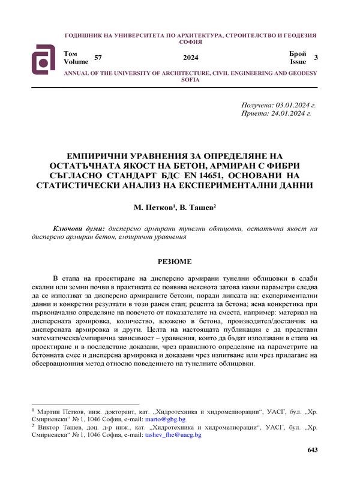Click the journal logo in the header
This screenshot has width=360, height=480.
tap(44, 58)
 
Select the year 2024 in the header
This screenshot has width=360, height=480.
tap(190, 58)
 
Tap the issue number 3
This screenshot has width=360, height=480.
tap(316, 58)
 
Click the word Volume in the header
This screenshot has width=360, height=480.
tap(75, 62)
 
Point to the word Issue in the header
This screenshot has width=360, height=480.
tap(298, 62)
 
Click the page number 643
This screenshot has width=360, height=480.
tap(312, 450)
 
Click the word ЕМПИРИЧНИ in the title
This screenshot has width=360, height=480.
tap(98, 155)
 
